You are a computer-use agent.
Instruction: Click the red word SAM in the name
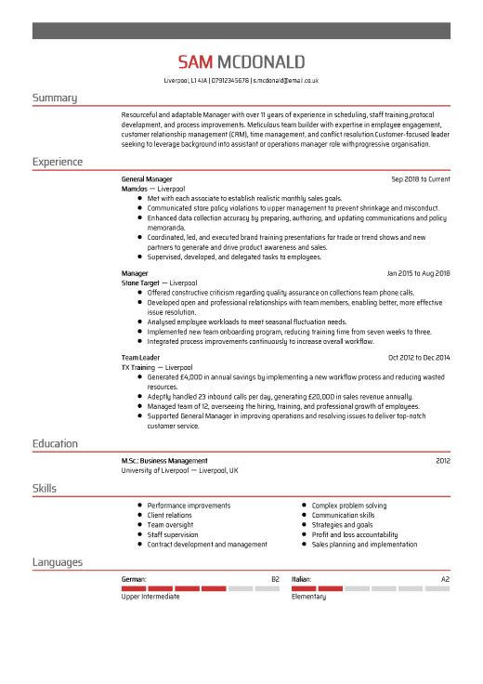coord(196,62)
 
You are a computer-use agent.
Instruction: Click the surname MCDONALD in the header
coord(260,62)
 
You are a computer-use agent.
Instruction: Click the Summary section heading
coord(55,98)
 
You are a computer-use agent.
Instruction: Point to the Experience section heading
coord(58,162)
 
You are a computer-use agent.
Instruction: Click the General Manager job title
coord(147,178)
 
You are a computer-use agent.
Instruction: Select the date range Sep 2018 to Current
coord(420,178)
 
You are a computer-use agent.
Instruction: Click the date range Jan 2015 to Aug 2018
coord(418,273)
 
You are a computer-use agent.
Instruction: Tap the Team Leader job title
coord(140,358)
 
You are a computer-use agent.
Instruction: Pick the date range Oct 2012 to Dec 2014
coord(418,358)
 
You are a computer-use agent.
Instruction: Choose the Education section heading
coord(55,444)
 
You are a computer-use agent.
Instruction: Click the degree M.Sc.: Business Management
coord(164,461)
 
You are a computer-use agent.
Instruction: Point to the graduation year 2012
coord(442,461)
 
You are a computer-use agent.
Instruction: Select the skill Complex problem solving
coord(349,506)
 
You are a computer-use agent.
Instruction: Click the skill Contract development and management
coord(207,545)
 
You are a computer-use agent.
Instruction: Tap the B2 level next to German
coord(275,579)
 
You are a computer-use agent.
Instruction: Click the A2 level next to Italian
coord(445,579)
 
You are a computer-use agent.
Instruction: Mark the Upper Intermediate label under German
coord(150,597)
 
